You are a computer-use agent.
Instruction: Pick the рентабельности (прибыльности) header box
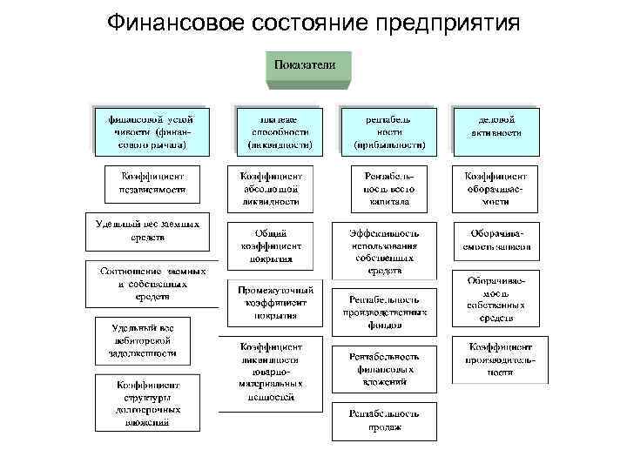pos(389,129)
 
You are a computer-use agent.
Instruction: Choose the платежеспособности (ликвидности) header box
pos(280,129)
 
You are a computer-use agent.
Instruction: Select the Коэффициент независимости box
pos(153,182)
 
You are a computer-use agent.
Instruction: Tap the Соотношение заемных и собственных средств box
pos(152,283)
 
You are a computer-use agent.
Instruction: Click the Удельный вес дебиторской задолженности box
pos(139,341)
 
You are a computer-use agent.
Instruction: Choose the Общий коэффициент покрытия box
pos(273,245)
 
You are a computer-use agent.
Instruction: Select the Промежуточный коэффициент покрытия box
pos(273,302)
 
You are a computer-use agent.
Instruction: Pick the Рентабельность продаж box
pos(384,420)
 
